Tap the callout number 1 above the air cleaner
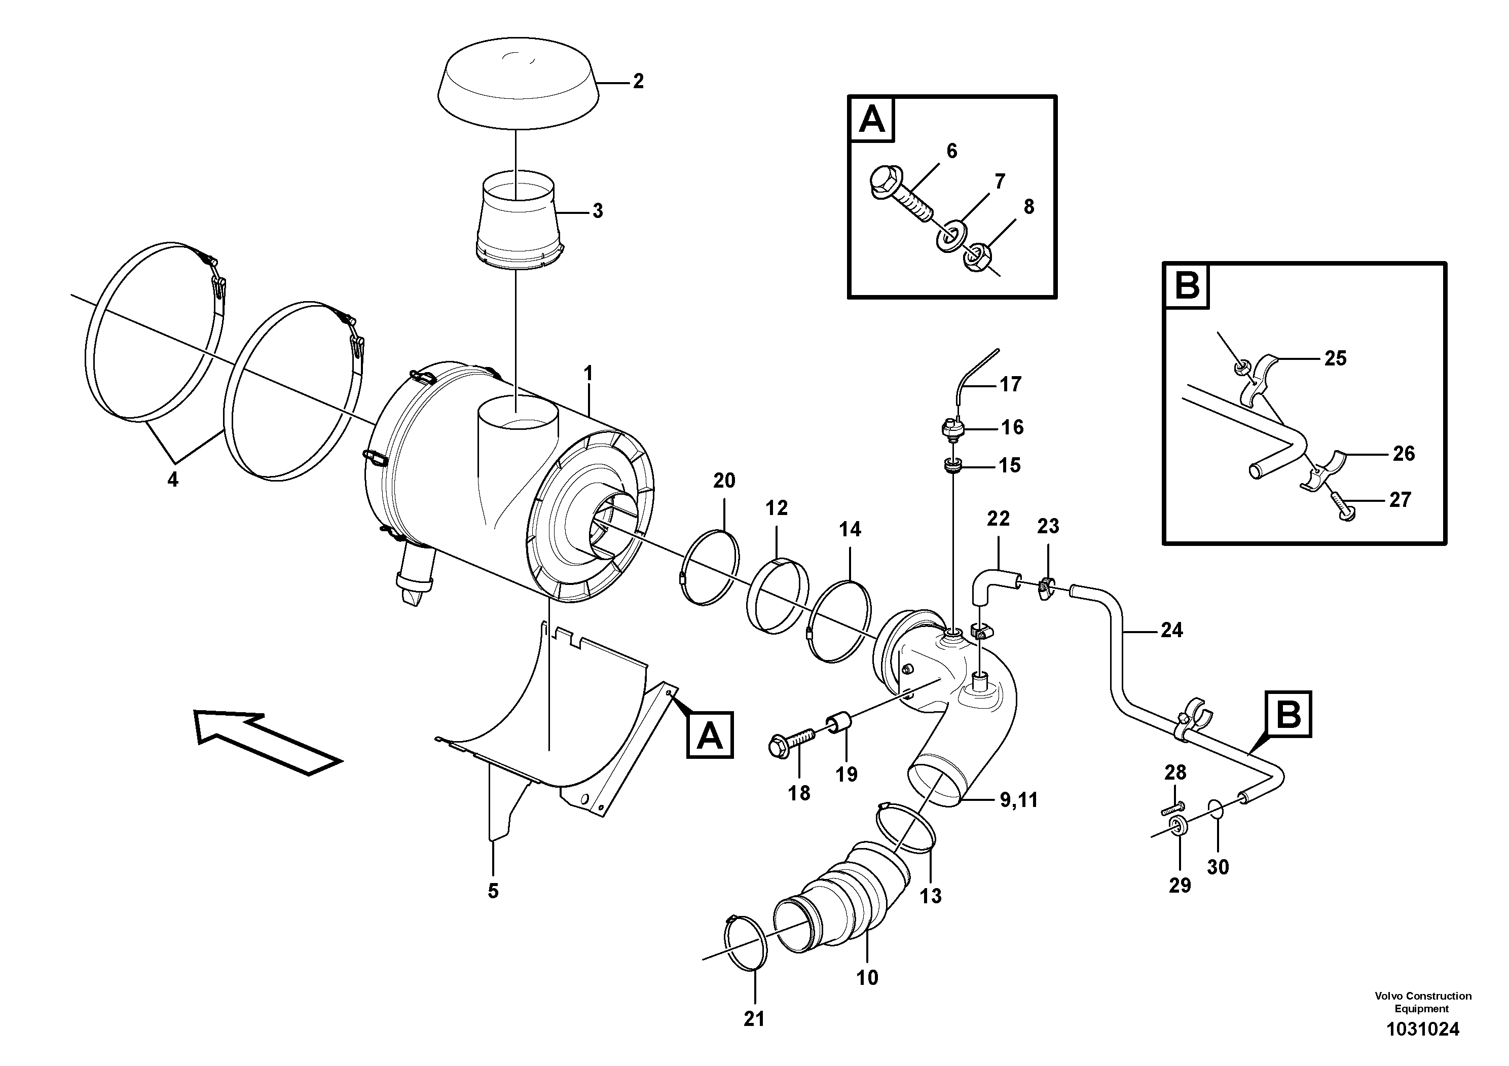coord(588,373)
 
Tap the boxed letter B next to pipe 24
coord(1287,713)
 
